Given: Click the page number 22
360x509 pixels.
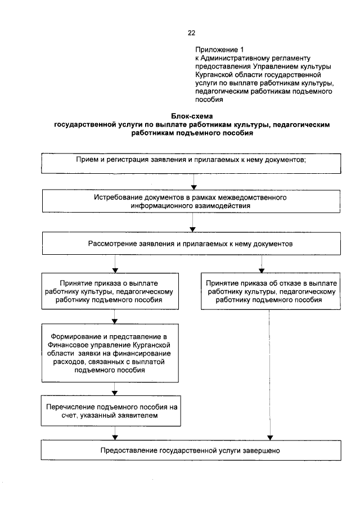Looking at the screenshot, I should coord(191,33).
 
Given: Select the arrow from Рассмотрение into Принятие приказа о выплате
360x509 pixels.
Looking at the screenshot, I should coord(115,264).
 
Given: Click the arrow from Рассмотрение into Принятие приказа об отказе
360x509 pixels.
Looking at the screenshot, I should coord(262,264).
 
